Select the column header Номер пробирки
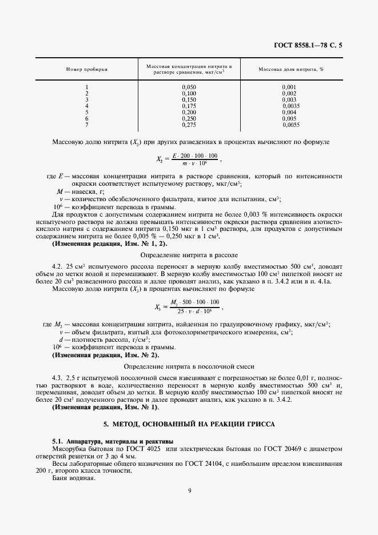87,69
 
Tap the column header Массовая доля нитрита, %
291,69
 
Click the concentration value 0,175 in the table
189,106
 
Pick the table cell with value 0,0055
291,125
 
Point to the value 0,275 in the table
189,125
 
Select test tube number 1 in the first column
87,87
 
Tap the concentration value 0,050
189,87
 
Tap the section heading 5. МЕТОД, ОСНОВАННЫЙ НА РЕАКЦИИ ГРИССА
189,425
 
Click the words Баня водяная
71,478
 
